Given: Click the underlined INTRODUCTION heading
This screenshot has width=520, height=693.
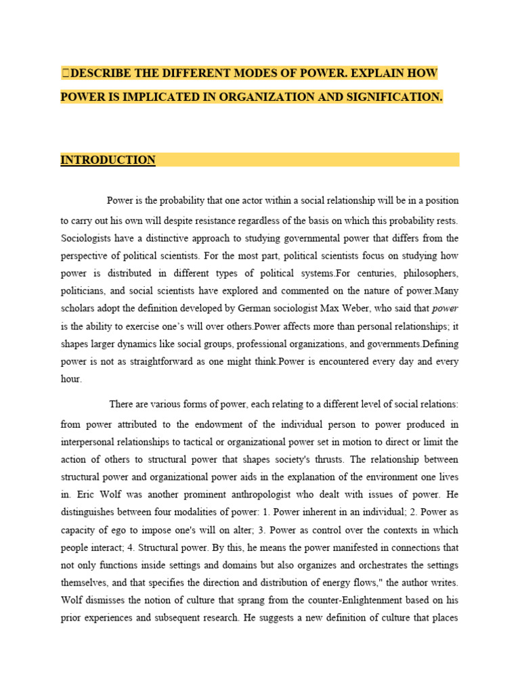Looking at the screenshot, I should [x=108, y=160].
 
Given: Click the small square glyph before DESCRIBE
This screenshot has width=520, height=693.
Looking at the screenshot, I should [x=65, y=73].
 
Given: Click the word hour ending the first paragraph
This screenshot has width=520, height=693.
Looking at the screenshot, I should [x=71, y=379].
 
